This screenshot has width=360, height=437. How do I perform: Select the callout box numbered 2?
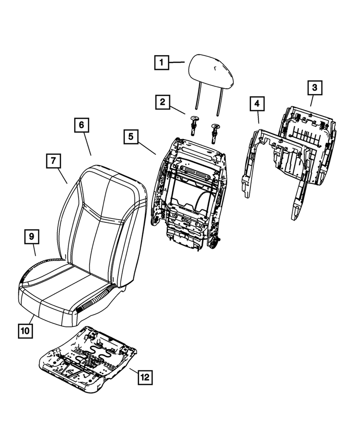click(x=162, y=103)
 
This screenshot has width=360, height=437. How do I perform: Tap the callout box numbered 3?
click(x=314, y=88)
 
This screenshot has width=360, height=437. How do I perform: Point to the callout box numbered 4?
click(x=257, y=104)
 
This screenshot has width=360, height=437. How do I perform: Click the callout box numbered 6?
click(x=81, y=125)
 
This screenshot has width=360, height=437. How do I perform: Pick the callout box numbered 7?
click(x=52, y=161)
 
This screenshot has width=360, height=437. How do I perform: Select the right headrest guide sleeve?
click(x=215, y=131)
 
